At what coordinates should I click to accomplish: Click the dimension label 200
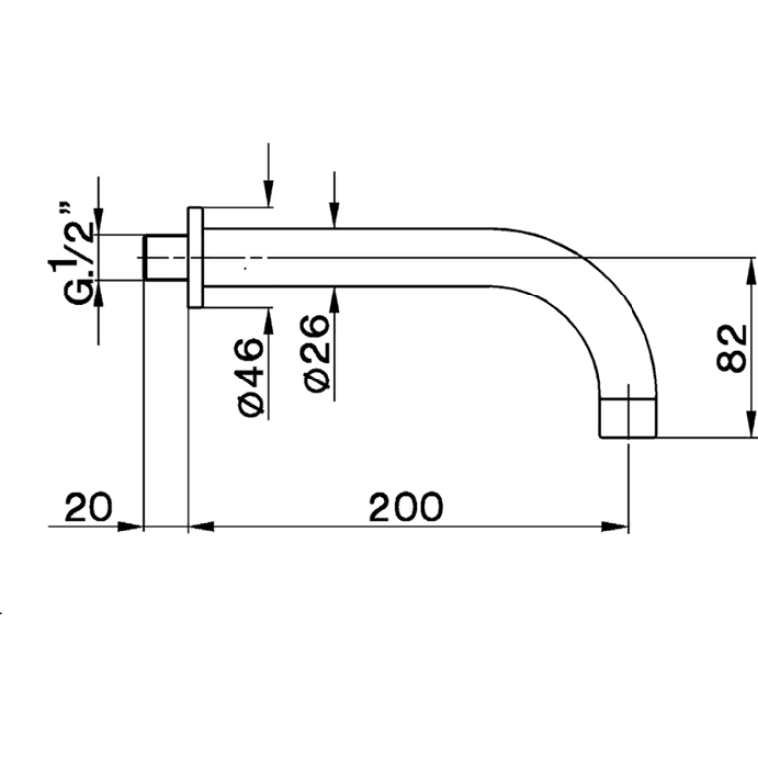point(405,507)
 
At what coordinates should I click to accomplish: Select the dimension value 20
point(88,507)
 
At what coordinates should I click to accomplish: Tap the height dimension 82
point(731,348)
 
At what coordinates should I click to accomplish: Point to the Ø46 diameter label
point(251,378)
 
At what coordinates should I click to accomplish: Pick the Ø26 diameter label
point(317,354)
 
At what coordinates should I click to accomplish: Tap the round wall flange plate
point(195,257)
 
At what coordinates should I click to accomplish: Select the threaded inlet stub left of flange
point(165,257)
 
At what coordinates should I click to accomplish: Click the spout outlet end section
point(629,418)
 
